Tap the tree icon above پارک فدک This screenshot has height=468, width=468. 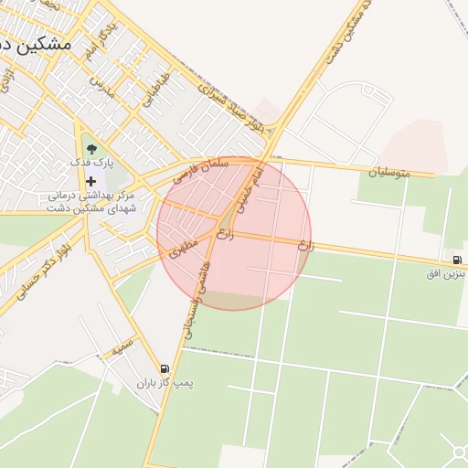coord(90,146)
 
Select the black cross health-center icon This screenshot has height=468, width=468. coord(90,180)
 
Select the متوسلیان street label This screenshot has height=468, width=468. coord(389,171)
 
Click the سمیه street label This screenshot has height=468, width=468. coord(122,348)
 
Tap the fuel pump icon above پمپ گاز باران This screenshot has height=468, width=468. coord(165,368)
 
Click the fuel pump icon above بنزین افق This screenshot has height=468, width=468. coord(456,258)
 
